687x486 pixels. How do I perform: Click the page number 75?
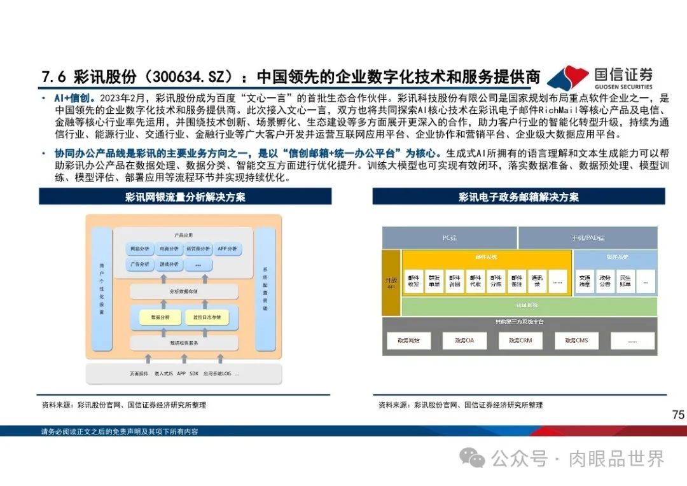(678, 415)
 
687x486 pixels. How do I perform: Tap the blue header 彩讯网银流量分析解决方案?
(185, 197)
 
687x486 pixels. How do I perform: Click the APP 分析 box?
(227, 249)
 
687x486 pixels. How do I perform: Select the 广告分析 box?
(139, 264)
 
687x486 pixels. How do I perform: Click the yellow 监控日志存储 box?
(203, 316)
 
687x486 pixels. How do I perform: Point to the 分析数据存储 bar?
(184, 291)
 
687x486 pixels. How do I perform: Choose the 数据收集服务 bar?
(184, 343)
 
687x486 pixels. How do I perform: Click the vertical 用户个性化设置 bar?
(102, 289)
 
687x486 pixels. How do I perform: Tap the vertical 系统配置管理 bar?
(265, 289)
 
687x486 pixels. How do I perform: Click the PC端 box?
(449, 238)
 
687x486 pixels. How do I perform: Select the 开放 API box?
(391, 283)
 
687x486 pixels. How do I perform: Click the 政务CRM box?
(520, 341)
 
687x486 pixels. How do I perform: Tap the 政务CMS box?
(576, 341)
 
